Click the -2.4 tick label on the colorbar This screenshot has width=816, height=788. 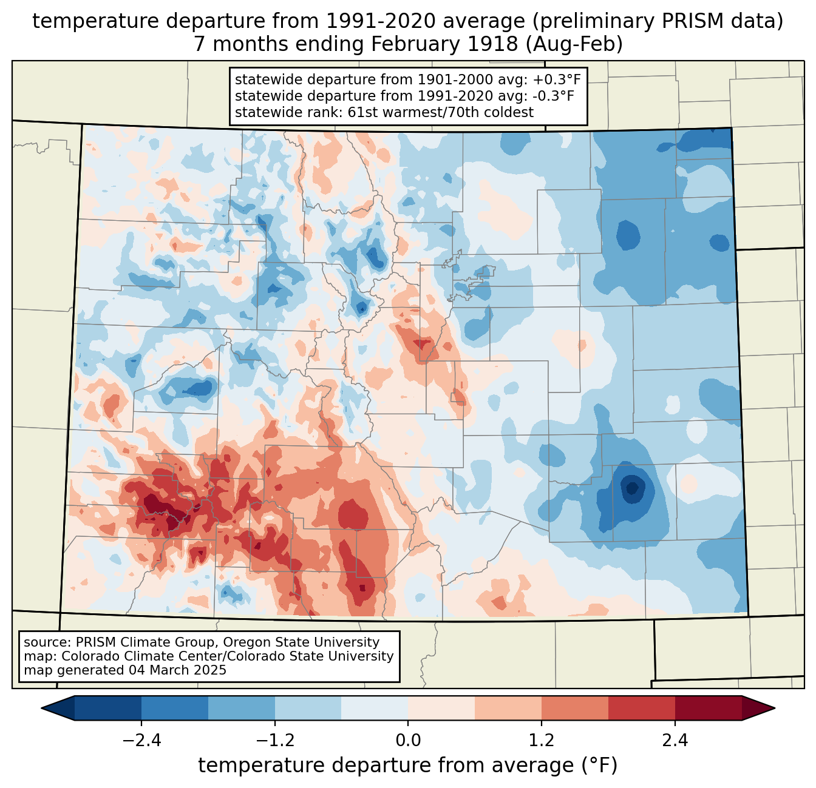[x=141, y=741]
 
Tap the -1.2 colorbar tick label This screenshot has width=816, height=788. [x=275, y=741]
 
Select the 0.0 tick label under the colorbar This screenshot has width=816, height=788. [x=408, y=741]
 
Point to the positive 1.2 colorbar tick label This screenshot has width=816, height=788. [x=542, y=741]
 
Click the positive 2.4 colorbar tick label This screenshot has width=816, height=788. [x=675, y=741]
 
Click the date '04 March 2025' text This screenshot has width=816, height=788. [x=177, y=670]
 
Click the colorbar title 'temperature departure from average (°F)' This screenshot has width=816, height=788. [x=408, y=766]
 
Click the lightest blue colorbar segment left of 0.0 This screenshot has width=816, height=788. [x=375, y=708]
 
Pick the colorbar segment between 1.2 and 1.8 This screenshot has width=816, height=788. [x=575, y=708]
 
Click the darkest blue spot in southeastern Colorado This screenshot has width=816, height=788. [x=632, y=487]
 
